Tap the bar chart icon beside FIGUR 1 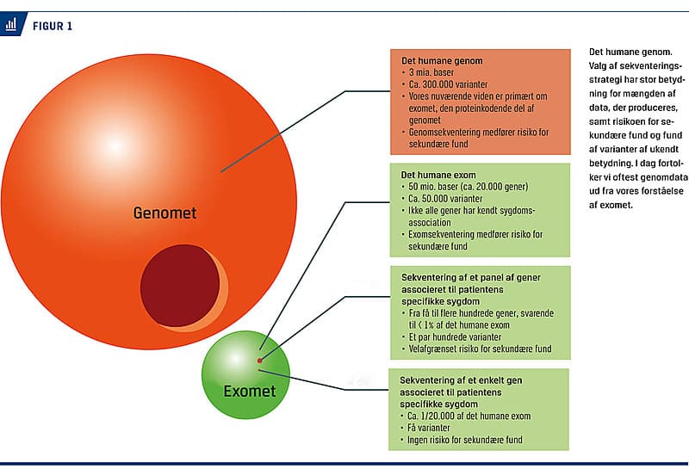12,25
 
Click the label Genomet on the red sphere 164,212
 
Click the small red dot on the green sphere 259,355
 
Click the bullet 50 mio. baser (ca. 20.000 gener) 470,187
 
